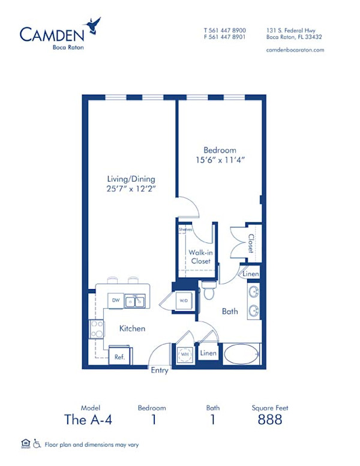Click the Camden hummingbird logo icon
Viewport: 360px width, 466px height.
point(94,25)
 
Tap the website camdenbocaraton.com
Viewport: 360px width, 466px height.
point(295,50)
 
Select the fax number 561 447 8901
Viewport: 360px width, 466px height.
point(225,37)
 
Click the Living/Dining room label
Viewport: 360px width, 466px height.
point(131,179)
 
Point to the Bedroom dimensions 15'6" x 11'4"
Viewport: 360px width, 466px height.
point(219,160)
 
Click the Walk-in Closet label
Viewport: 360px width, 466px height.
point(200,257)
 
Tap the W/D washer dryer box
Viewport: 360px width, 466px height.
point(183,300)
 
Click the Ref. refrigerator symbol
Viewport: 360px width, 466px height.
point(119,356)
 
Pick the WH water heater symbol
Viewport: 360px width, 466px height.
point(183,354)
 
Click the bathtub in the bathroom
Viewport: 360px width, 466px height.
point(241,354)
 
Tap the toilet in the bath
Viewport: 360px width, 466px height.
point(209,291)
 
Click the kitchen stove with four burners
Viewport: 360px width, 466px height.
point(96,329)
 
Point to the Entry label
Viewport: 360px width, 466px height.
point(160,371)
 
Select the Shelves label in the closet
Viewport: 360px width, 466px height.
point(185,230)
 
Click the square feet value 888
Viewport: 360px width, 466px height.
point(269,420)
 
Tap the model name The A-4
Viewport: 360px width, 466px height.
point(88,420)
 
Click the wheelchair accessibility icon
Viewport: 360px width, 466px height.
point(37,444)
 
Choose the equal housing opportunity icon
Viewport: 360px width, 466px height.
point(25,444)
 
